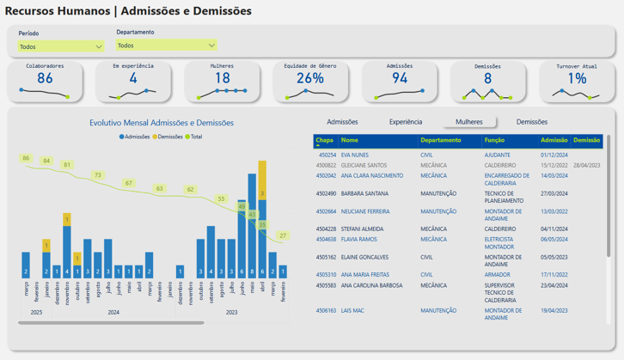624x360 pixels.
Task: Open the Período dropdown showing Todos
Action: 60,47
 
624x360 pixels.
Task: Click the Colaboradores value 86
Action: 45,78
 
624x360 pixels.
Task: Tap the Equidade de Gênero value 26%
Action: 310,78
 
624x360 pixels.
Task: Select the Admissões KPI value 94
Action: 399,78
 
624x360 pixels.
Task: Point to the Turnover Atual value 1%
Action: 577,78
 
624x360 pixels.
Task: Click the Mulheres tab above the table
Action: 469,122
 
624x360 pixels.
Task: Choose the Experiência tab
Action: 406,122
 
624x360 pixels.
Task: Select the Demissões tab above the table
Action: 532,122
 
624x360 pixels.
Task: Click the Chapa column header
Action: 325,139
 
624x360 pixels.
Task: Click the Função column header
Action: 494,139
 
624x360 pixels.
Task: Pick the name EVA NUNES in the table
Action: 354,155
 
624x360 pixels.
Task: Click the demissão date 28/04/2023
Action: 587,165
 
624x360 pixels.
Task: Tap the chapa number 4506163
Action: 326,310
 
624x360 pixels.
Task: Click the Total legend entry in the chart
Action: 195,137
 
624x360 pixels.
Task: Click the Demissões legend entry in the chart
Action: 169,137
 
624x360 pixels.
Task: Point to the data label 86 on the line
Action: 26,158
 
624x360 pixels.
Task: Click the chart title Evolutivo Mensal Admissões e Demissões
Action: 161,123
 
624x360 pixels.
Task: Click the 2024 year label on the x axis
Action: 113,313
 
